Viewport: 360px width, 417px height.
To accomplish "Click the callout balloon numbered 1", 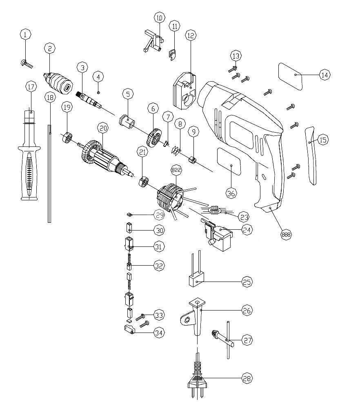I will pos(26,35).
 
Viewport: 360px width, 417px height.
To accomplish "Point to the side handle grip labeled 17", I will pos(29,163).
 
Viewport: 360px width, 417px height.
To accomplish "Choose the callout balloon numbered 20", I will pos(103,129).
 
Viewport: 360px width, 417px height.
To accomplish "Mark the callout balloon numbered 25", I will pos(247,282).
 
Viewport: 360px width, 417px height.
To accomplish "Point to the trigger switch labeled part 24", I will pos(218,235).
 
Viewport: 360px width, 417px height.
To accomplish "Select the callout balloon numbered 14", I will pos(324,75).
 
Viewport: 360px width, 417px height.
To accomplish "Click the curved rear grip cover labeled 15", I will pos(311,155).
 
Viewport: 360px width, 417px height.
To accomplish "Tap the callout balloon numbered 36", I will pos(231,193).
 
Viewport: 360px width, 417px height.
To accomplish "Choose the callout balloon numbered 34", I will pos(159,333).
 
